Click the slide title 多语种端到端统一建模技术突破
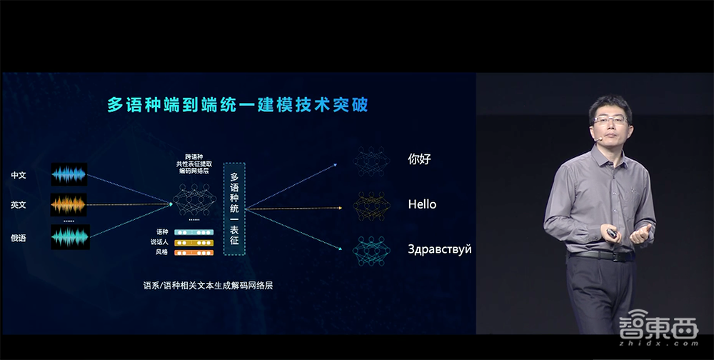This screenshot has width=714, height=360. click(x=238, y=105)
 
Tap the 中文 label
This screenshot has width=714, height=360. click(x=19, y=175)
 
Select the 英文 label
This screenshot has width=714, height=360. click(x=19, y=205)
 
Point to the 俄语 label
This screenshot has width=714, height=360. click(x=19, y=238)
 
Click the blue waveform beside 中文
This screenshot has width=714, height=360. click(x=69, y=174)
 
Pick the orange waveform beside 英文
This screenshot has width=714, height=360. click(x=69, y=205)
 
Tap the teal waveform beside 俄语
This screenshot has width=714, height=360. click(x=69, y=237)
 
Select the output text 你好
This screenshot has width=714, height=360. click(x=421, y=159)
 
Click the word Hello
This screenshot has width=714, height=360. click(x=422, y=204)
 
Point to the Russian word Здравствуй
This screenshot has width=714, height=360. click(x=439, y=250)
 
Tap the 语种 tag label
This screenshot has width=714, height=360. click(x=162, y=232)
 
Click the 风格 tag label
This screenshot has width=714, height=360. click(x=162, y=252)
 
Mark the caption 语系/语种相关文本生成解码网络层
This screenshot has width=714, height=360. click(x=208, y=286)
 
